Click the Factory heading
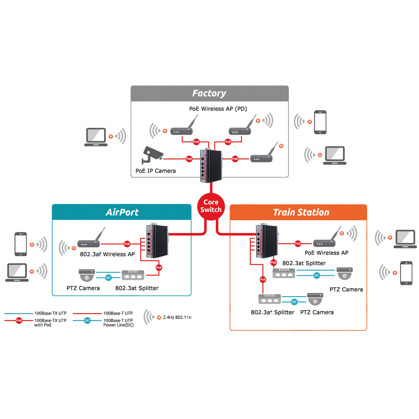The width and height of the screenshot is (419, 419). [x=209, y=93]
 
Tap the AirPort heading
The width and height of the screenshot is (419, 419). [x=122, y=212]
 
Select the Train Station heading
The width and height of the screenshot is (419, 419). [x=301, y=212]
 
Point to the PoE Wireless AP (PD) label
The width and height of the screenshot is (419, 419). [x=218, y=109]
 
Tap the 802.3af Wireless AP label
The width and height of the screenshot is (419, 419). [x=107, y=254]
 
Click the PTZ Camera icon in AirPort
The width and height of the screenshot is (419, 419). [x=87, y=275]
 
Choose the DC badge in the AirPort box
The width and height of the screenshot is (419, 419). [x=108, y=278]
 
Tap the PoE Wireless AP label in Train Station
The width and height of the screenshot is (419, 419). [x=327, y=253]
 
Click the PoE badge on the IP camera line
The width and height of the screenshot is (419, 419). [x=189, y=158]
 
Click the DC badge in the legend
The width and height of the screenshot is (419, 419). [x=87, y=320]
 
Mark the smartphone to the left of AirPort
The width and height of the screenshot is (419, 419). [x=20, y=244]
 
